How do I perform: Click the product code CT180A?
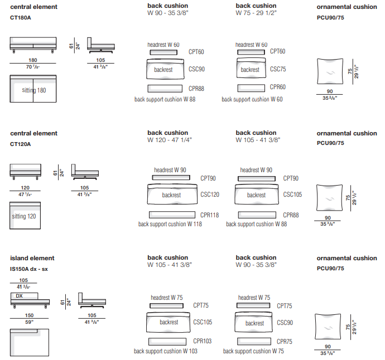coord(21,18)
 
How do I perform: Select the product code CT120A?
coord(21,144)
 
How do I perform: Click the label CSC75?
coord(278,70)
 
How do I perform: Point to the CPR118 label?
coord(210,215)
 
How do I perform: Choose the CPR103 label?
coord(203,340)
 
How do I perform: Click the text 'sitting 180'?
coord(34,90)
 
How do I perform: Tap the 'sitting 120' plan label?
coord(24,216)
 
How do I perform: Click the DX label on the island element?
coord(19,296)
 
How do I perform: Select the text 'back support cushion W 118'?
coord(170,224)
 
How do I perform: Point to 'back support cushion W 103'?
coord(166,351)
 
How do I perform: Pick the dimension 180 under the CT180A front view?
coord(33,60)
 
